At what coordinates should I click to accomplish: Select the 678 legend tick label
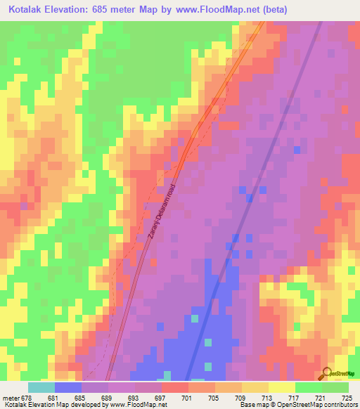(x=27, y=398)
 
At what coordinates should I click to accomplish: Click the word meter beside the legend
(x=10, y=398)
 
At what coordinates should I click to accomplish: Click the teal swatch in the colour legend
(x=41, y=387)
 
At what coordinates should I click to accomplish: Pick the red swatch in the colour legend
(x=175, y=387)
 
